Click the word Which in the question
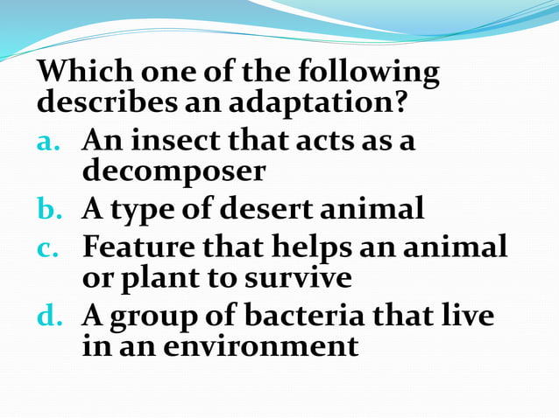click(x=81, y=72)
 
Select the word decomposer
click(x=173, y=171)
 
